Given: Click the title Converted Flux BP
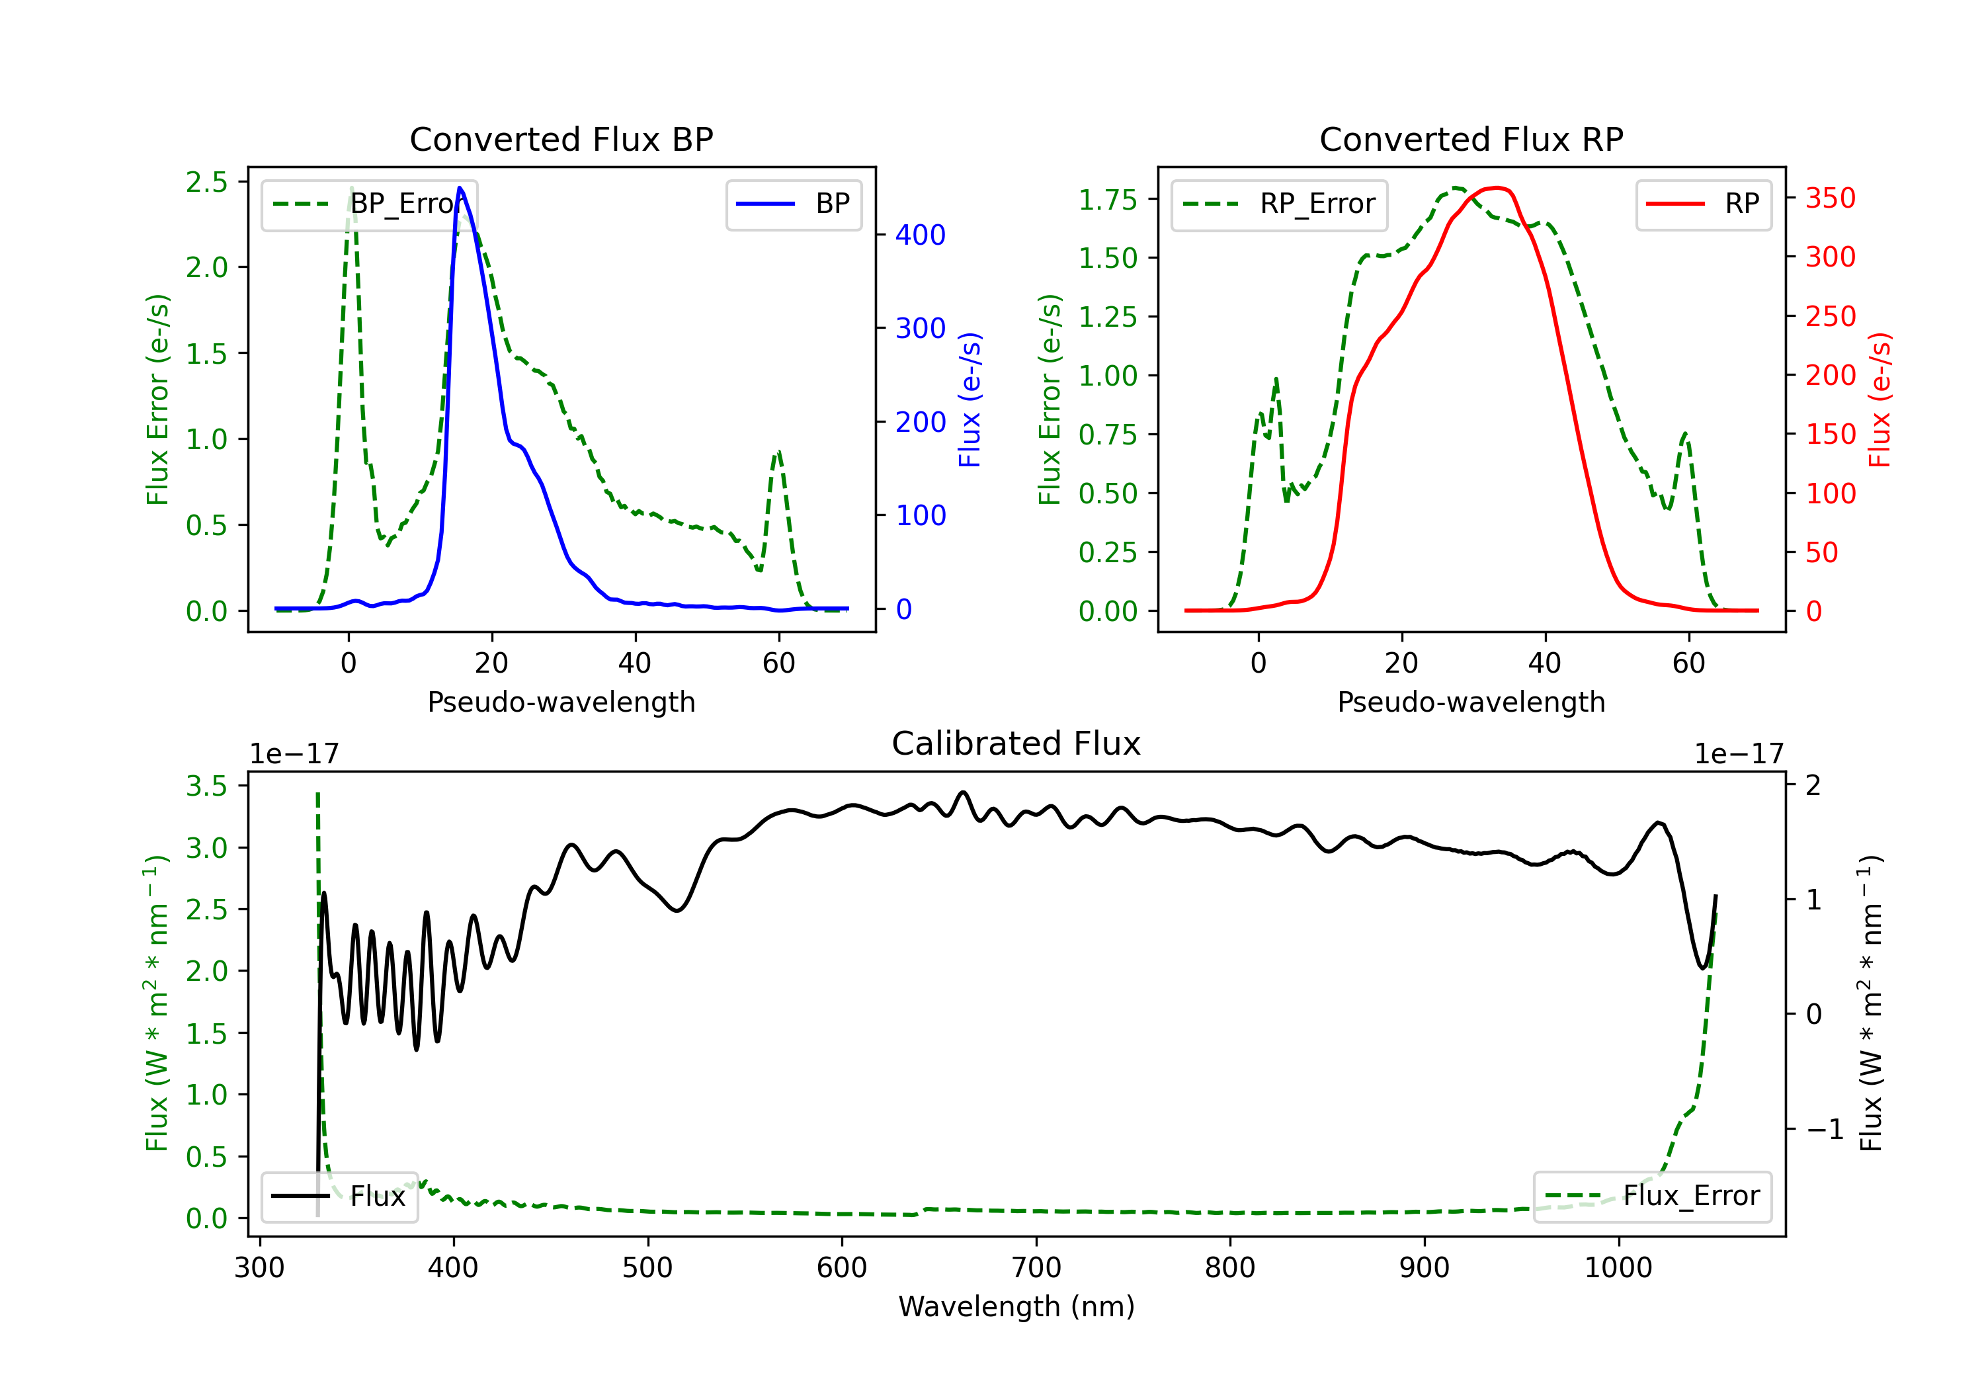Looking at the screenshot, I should [x=561, y=139].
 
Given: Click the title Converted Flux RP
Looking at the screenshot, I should [x=1471, y=139].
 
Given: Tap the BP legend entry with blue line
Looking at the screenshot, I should [x=793, y=204].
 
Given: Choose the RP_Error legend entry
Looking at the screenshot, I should [x=1279, y=204].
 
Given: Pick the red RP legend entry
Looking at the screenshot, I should [x=1703, y=204].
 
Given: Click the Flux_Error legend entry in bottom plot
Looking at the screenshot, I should [x=1652, y=1197].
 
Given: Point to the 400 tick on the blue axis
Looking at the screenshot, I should [x=921, y=234].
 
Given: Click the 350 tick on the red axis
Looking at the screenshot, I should [x=1830, y=198].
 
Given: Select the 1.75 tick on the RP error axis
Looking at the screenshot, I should [x=1107, y=200].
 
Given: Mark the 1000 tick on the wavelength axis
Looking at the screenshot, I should [x=1618, y=1268].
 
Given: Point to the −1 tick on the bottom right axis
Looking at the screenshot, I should [x=1825, y=1130].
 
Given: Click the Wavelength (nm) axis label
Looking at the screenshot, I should [x=1016, y=1306].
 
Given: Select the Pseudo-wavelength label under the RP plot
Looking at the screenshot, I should [x=1471, y=702].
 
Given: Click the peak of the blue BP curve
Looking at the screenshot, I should [x=460, y=189].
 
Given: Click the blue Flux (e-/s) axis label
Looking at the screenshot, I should [x=970, y=400].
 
